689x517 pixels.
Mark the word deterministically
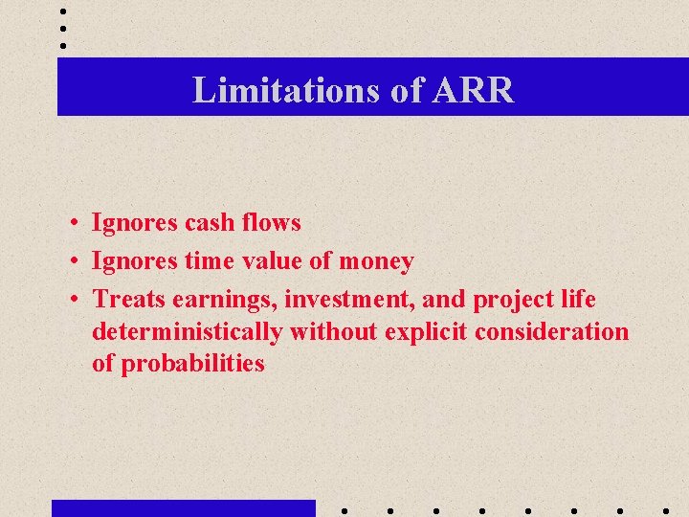(188, 332)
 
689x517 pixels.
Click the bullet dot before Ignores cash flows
(74, 224)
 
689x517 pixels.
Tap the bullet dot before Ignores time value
(74, 262)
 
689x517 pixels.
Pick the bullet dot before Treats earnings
(74, 301)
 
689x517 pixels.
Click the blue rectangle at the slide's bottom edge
(183, 508)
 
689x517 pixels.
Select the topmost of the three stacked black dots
(62, 12)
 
